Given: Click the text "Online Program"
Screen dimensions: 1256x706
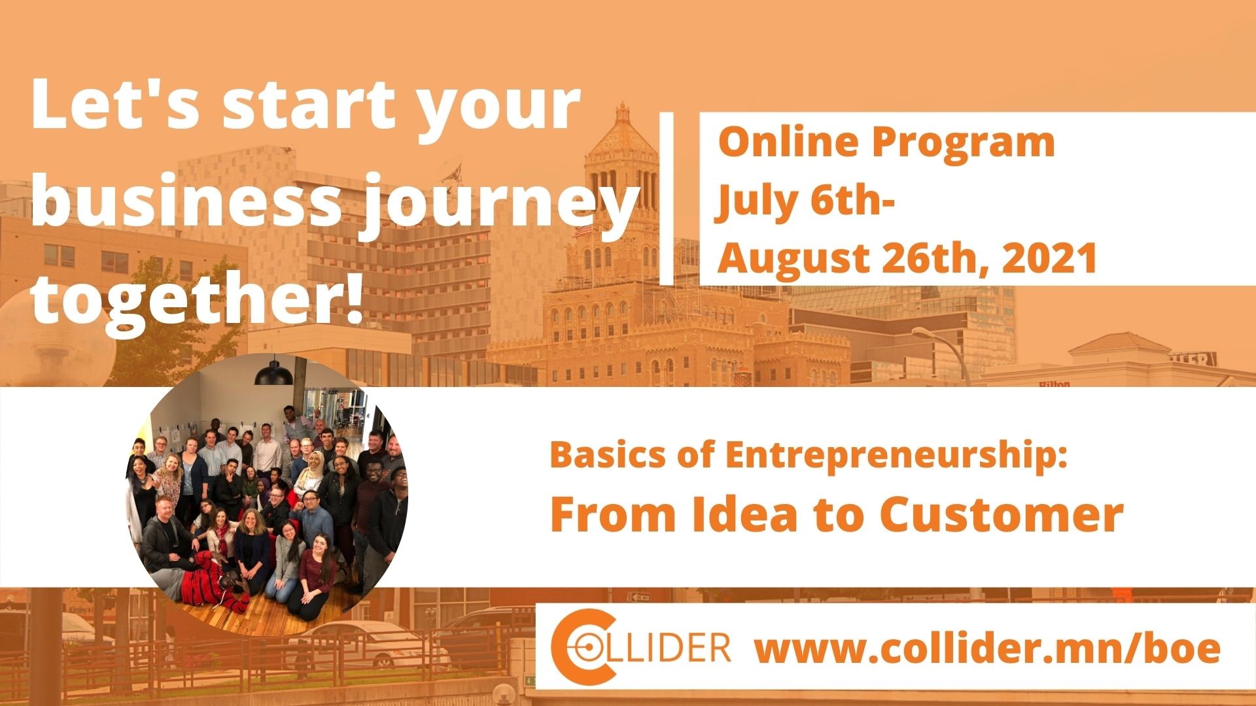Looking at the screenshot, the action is [886, 143].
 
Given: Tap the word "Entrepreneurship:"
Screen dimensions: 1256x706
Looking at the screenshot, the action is [896, 456].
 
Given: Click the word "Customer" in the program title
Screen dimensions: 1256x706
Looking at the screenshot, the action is [1001, 515].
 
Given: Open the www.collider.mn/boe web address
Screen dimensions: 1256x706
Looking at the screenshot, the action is [988, 648].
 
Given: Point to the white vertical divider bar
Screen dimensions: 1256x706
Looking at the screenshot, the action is [666, 198].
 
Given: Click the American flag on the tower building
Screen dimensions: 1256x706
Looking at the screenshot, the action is [582, 230].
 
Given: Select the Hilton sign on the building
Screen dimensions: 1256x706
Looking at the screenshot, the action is [1055, 384].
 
